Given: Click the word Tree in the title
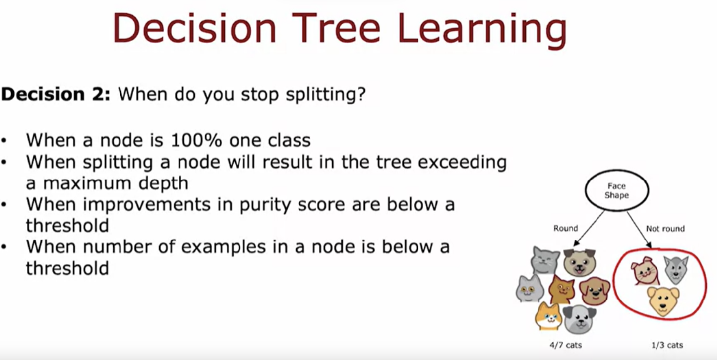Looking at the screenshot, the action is tap(336, 28).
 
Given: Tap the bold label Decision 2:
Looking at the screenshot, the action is tap(56, 94).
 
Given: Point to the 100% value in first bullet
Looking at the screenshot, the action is tap(196, 140).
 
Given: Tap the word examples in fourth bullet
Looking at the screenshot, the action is tap(224, 247).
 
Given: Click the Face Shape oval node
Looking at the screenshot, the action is tap(617, 190).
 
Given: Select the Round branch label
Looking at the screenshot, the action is tap(566, 228).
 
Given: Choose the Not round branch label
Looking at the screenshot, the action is tap(665, 229).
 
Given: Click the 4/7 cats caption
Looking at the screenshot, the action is tap(566, 345).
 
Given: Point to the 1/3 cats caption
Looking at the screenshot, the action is tap(667, 345).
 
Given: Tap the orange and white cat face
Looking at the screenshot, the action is tap(548, 317).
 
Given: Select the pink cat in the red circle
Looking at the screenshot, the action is tap(645, 271).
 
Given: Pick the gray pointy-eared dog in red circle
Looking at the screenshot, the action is tap(676, 269).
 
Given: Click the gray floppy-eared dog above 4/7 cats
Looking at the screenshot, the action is tap(579, 319).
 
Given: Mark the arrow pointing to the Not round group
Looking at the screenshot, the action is tap(639, 230).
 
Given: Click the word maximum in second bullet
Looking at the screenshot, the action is tap(87, 183).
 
